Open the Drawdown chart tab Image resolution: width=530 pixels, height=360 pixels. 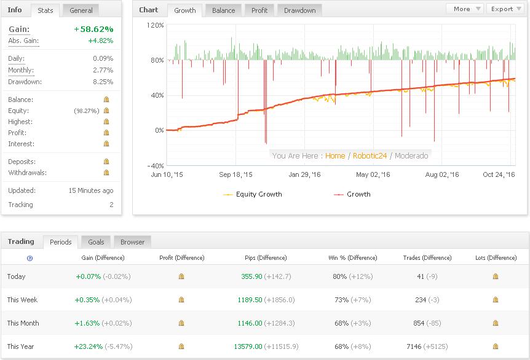(x=300, y=10)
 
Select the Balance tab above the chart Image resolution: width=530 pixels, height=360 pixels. (x=223, y=10)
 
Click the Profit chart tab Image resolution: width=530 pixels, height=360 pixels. (x=259, y=10)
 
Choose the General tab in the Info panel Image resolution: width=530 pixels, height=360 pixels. (x=81, y=10)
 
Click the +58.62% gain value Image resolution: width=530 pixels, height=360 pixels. (x=93, y=29)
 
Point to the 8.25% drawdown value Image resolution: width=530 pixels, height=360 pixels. (x=103, y=82)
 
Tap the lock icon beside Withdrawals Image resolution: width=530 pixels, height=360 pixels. (x=106, y=173)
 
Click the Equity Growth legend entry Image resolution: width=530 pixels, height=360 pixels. (x=259, y=194)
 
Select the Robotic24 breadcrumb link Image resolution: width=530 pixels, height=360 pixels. (x=370, y=156)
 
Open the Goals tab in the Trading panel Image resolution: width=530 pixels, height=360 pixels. (x=96, y=242)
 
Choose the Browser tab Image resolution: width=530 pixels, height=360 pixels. (x=132, y=242)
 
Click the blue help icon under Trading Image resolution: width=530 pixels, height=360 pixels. (x=30, y=259)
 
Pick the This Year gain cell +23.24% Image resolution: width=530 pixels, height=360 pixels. (x=89, y=346)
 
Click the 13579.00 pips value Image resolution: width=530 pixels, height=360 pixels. (x=248, y=346)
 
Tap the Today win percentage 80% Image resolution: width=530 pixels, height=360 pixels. (x=340, y=276)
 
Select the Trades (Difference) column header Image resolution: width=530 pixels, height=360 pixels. (x=427, y=258)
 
